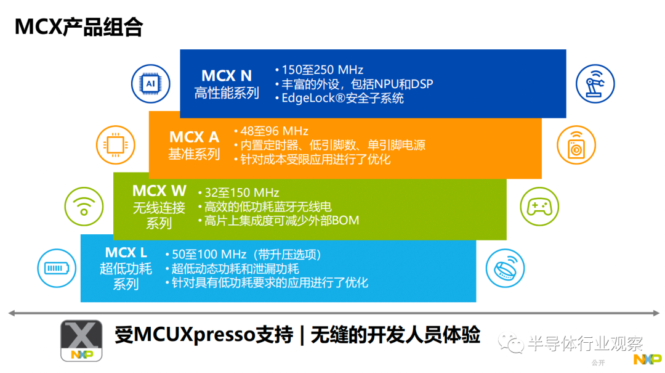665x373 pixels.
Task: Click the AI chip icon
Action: [x=151, y=84]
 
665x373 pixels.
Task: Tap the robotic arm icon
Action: [x=595, y=84]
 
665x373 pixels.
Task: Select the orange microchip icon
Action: [x=115, y=145]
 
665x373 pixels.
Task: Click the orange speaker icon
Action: [x=576, y=145]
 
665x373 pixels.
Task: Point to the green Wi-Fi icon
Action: [x=84, y=207]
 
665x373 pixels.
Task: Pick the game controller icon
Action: [x=539, y=207]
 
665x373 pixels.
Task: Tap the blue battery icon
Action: [x=57, y=268]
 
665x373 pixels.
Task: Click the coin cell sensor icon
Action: [x=505, y=268]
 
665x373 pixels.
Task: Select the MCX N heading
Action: [x=227, y=76]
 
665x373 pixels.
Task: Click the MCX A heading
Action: [x=194, y=137]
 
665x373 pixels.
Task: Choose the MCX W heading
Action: [x=159, y=191]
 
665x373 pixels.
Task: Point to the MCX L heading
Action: [x=126, y=253]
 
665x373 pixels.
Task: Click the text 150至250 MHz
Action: [x=322, y=70]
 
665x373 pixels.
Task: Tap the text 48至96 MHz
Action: [x=274, y=131]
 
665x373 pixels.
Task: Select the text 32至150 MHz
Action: [x=242, y=193]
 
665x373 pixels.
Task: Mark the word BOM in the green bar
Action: [x=345, y=221]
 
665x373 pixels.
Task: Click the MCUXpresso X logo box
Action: [x=81, y=341]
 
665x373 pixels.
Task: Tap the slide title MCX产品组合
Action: [x=78, y=27]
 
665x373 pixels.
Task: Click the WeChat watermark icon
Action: [x=511, y=342]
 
